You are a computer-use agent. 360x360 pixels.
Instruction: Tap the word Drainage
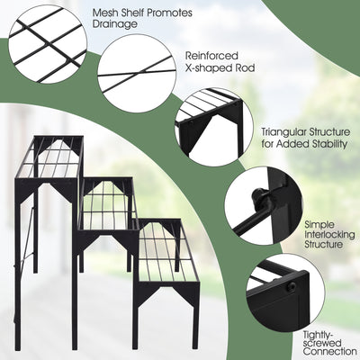coord(118,24)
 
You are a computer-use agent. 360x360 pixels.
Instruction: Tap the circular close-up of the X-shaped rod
coord(135,72)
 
